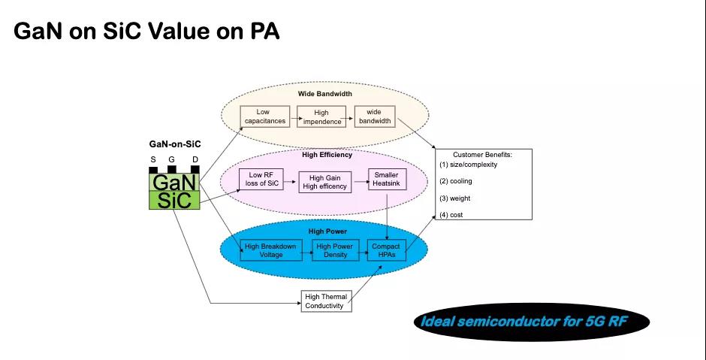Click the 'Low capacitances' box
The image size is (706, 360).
coord(262,116)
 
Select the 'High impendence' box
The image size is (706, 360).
coord(321,116)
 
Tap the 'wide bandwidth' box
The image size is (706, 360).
coord(375,116)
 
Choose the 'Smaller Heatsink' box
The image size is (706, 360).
coord(386,180)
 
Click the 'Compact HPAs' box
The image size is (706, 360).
coord(388,250)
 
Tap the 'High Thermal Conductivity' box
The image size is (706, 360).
coord(325,301)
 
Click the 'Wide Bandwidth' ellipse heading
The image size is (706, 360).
coord(324,94)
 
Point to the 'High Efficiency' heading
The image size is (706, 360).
coord(327,156)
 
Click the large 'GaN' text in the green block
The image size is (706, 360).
coord(173,183)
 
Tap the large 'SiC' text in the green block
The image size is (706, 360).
coord(173,201)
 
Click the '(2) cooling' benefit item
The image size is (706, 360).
coord(455,181)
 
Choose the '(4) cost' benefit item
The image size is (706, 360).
coord(451,215)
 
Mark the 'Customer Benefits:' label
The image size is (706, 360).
coord(482,154)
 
